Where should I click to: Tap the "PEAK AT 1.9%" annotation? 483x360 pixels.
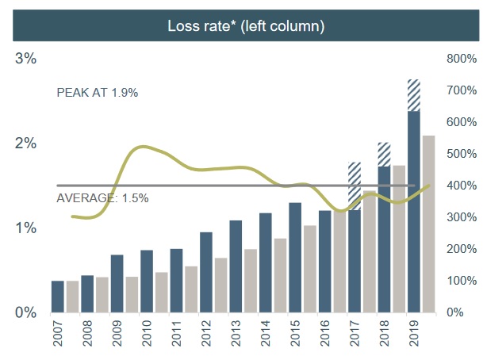coord(98,92)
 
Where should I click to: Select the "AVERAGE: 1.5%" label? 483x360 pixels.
coord(102,197)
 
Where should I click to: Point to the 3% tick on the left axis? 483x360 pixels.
coord(26,59)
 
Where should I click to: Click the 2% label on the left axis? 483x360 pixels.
coord(26,144)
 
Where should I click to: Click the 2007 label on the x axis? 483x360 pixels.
coord(57,334)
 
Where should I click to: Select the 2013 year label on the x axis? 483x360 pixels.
coord(236,334)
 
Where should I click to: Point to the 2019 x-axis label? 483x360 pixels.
coord(414,334)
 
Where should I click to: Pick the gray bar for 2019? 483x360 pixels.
coord(428,224)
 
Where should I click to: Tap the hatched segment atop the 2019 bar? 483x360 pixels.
coord(413,95)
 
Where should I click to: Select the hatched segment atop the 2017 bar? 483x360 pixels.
coord(355,186)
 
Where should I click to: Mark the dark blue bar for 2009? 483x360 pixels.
coord(117,283)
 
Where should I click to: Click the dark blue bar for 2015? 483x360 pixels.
coord(295,257)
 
